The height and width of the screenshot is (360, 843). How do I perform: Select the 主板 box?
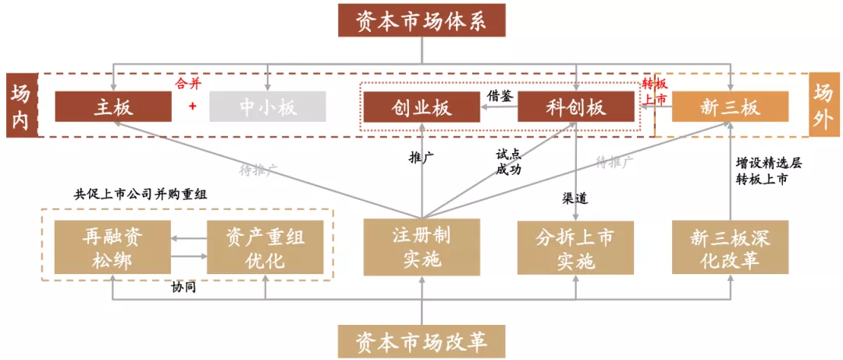tap(113, 107)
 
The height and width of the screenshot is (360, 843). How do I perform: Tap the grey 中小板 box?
tap(268, 107)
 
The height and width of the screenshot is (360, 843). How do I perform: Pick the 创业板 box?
tap(422, 107)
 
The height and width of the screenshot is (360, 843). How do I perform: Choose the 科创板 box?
tap(575, 107)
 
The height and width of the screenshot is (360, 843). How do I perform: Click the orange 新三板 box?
tap(730, 107)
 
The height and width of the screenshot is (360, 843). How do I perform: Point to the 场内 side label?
tap(20, 106)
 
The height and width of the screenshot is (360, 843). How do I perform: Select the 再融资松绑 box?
tap(112, 248)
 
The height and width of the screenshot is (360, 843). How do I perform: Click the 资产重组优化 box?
tap(265, 248)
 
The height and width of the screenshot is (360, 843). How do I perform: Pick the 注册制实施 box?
tap(421, 247)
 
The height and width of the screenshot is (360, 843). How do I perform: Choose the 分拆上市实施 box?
tap(575, 248)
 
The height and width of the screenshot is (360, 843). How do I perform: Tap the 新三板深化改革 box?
tap(730, 248)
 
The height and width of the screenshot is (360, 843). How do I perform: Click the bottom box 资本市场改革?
tap(421, 342)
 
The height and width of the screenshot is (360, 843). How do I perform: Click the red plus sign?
tap(192, 106)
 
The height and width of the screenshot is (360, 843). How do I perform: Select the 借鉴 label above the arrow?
tap(500, 94)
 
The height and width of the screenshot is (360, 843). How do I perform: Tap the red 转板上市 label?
tap(654, 91)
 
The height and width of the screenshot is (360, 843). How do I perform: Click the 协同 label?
tap(183, 287)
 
